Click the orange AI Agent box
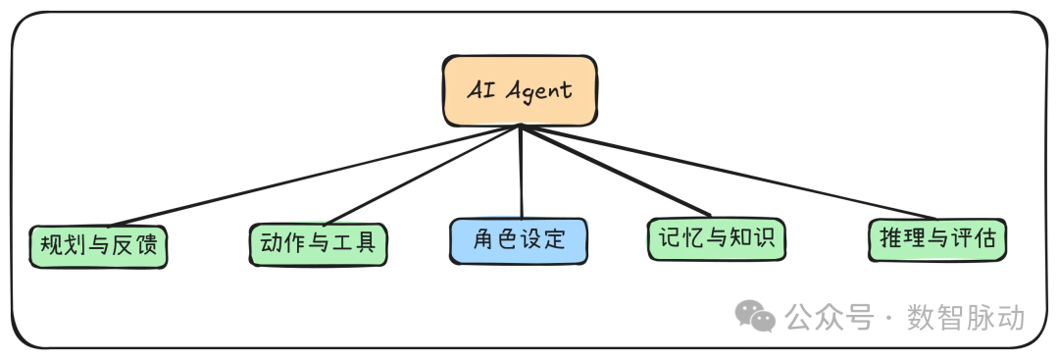519,91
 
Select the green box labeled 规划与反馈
97,246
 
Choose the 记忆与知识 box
717,238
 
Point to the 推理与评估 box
937,239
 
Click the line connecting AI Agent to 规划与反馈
314,176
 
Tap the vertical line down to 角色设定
521,172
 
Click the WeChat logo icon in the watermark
756,316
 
